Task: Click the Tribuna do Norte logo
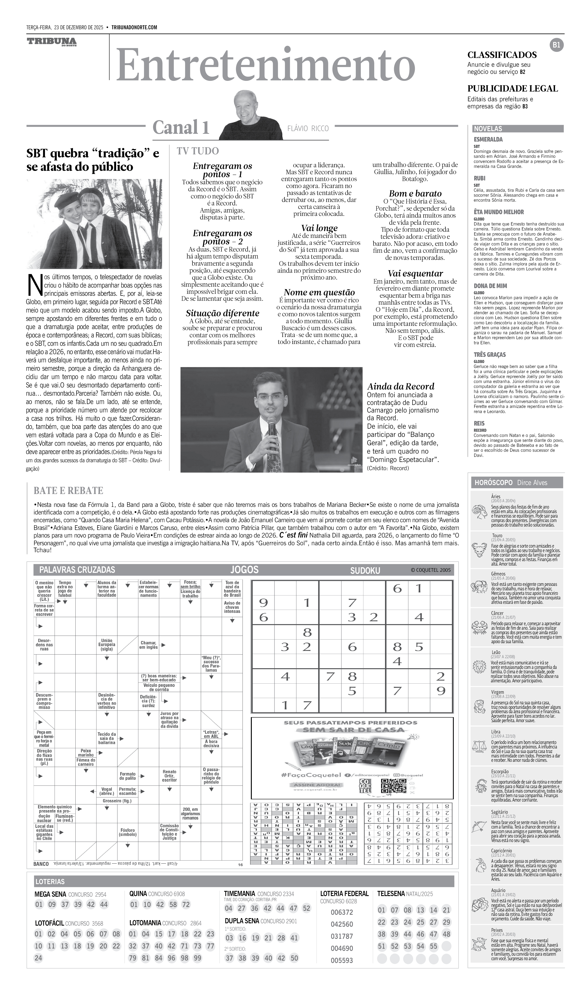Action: click(x=52, y=42)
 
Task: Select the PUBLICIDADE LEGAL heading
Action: click(x=512, y=89)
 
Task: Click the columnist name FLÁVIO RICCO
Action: click(x=308, y=128)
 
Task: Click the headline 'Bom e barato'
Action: click(x=415, y=193)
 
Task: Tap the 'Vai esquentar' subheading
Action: click(x=415, y=273)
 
